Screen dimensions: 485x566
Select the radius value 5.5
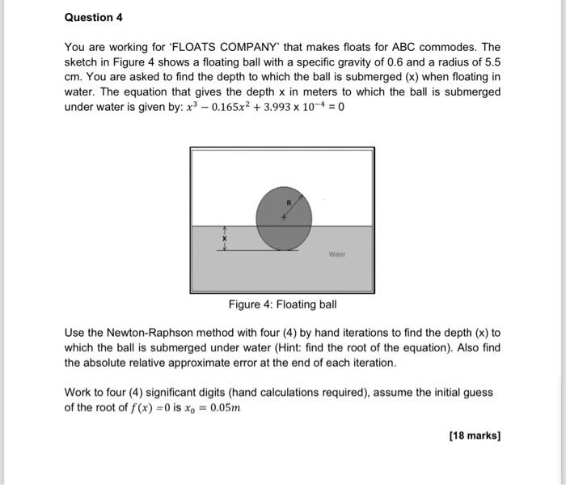click(492, 62)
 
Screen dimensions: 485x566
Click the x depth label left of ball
click(226, 240)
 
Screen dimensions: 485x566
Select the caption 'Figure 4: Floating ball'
click(282, 304)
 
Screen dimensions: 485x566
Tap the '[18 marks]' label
click(475, 436)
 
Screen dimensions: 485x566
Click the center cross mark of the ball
click(283, 217)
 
